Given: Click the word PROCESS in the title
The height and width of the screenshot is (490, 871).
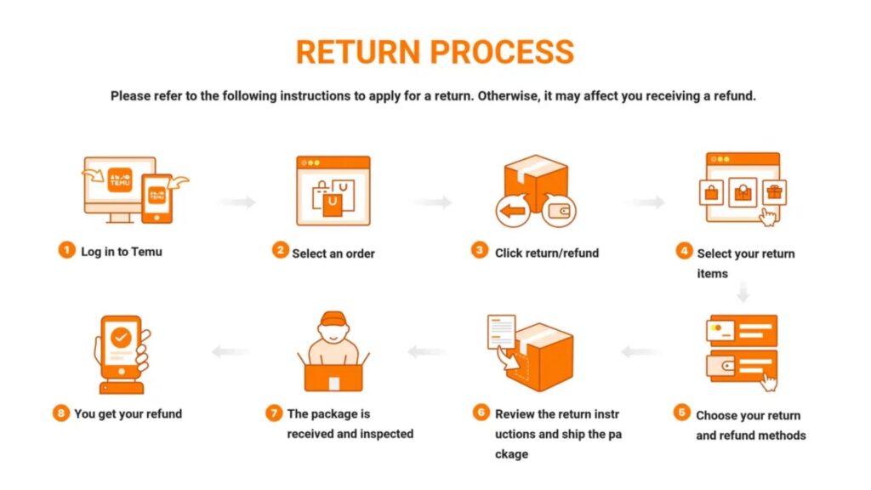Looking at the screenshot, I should [x=502, y=52].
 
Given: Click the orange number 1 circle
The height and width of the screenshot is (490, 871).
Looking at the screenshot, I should [x=66, y=250].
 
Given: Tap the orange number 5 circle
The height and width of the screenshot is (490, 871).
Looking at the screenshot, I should [x=681, y=413].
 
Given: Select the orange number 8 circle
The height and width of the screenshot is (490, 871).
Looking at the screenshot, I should [x=60, y=413].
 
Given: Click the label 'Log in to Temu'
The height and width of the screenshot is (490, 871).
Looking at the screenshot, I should [x=121, y=251].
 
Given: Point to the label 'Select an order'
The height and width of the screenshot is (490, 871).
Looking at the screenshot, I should [x=333, y=253].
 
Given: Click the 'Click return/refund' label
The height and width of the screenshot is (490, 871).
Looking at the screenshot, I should [x=547, y=252].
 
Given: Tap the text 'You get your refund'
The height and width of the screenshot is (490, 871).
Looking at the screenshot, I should [x=128, y=413].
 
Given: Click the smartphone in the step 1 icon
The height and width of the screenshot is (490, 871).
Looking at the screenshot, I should [x=157, y=199].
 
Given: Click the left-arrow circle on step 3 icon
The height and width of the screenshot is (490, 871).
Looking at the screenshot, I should [x=513, y=211].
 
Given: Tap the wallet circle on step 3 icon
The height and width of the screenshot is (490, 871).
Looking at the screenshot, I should [x=559, y=210].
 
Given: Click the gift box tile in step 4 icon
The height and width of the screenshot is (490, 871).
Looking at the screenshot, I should [x=774, y=191].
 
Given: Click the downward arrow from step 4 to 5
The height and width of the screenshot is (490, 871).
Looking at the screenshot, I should [x=743, y=294].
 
